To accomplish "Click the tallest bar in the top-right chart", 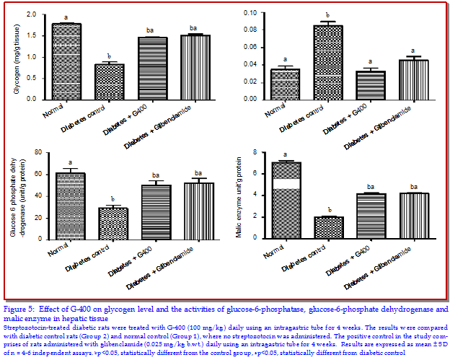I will pos(327,62).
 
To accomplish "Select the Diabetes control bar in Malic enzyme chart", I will pos(327,227).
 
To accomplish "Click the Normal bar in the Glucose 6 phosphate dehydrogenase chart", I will pos(66,206).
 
